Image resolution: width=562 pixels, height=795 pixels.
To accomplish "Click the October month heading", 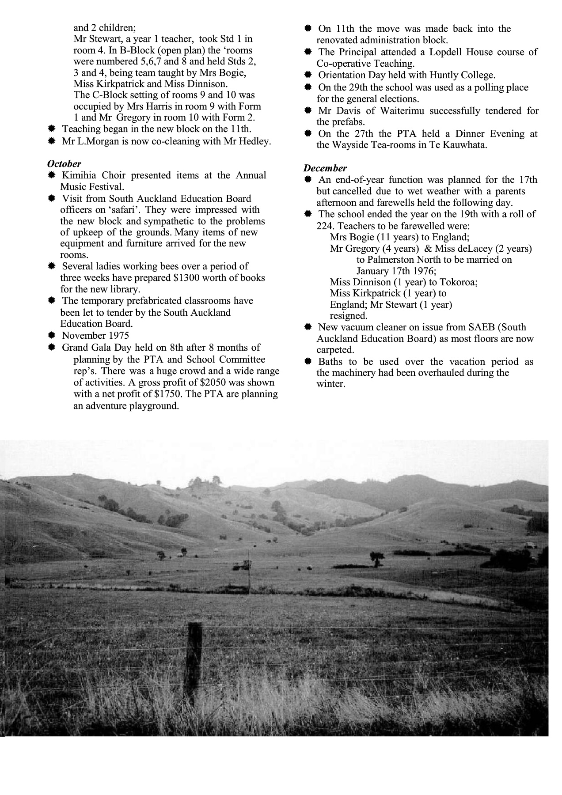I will click(64, 164).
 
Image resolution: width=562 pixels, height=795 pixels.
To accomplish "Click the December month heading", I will click(325, 168).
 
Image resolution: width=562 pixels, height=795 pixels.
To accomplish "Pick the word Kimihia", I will click(80, 175).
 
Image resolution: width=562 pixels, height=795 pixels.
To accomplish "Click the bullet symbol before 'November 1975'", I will click(51, 335).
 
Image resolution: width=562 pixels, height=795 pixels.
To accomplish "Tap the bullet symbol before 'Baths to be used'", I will click(308, 362).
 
